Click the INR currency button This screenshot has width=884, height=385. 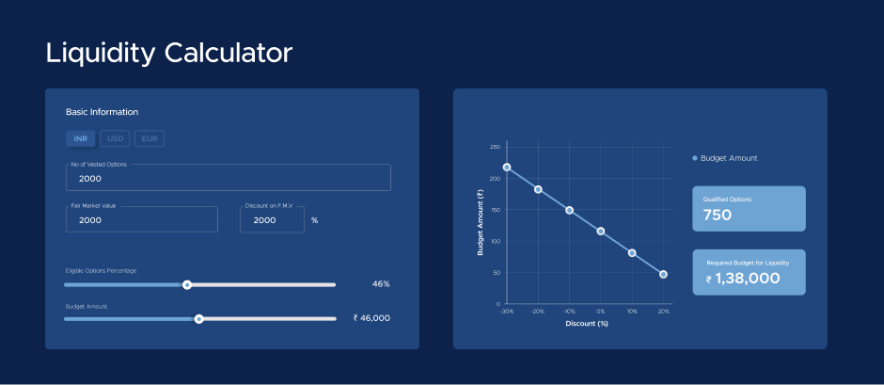pyautogui.click(x=81, y=138)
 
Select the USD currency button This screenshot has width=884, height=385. pyautogui.click(x=115, y=138)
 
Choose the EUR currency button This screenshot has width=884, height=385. pyautogui.click(x=150, y=138)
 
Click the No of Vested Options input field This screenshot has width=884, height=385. pyautogui.click(x=229, y=178)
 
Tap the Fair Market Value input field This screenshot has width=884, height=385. pyautogui.click(x=141, y=219)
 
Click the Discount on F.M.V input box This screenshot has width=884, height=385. pyautogui.click(x=272, y=219)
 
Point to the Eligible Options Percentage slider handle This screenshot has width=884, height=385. pyautogui.click(x=187, y=285)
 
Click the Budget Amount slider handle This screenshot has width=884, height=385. pyautogui.click(x=198, y=319)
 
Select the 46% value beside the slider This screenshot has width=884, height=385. pyautogui.click(x=381, y=284)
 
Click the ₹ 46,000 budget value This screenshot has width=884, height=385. pyautogui.click(x=371, y=318)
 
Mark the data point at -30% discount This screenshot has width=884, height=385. pyautogui.click(x=507, y=168)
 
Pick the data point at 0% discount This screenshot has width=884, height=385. pyautogui.click(x=600, y=231)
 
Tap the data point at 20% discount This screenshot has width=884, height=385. pyautogui.click(x=663, y=274)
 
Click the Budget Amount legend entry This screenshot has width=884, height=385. pyautogui.click(x=725, y=159)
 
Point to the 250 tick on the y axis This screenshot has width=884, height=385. pyautogui.click(x=495, y=148)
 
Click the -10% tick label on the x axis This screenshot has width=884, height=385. pyautogui.click(x=569, y=311)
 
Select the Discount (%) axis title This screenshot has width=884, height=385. pyautogui.click(x=586, y=324)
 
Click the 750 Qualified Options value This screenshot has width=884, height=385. pyautogui.click(x=718, y=215)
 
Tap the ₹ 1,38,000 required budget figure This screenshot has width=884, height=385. pyautogui.click(x=743, y=279)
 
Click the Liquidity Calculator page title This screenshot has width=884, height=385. pyautogui.click(x=168, y=53)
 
